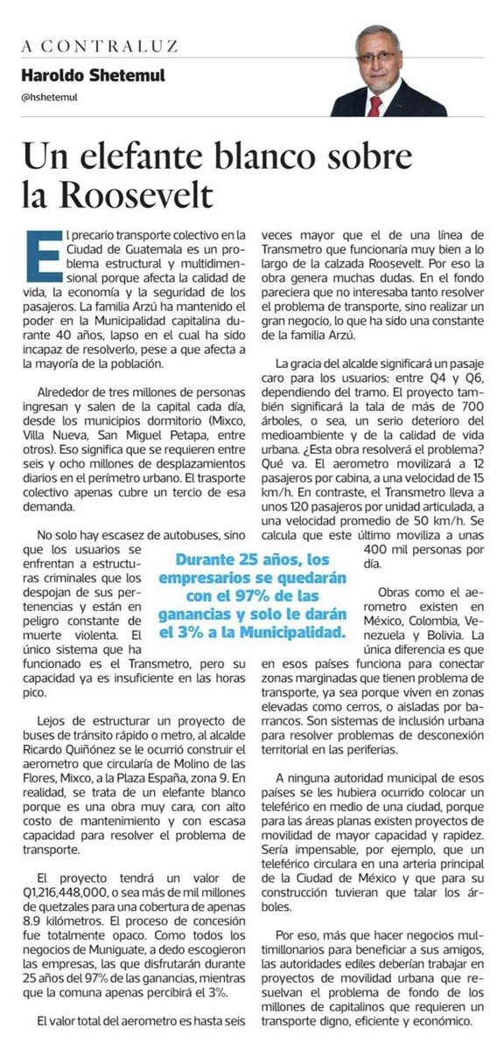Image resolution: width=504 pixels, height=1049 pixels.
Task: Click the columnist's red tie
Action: (375, 105)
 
